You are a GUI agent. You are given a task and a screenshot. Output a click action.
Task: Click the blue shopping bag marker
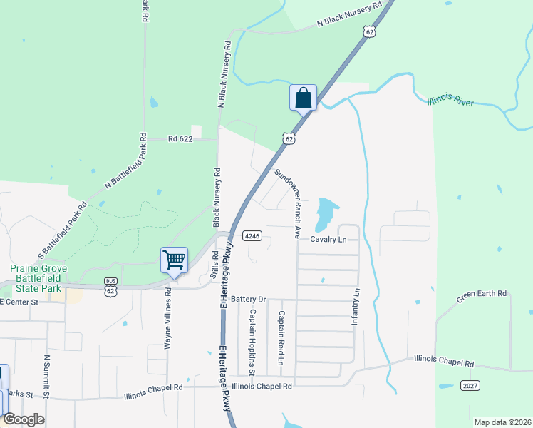point(303,97)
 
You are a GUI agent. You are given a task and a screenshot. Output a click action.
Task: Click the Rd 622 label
point(181,139)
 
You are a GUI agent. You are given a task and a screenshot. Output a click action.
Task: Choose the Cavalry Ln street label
point(328,239)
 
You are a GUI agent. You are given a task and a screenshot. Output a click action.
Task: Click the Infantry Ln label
point(356,307)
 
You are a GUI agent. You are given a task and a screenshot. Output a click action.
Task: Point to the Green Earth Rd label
point(482,293)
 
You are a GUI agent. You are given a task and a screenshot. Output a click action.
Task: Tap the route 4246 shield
point(252,235)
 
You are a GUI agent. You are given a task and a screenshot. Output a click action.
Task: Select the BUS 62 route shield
point(110,287)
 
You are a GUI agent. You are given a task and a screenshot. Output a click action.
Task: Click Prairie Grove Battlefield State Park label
point(36,279)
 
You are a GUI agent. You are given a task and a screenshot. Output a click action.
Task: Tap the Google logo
point(24,419)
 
